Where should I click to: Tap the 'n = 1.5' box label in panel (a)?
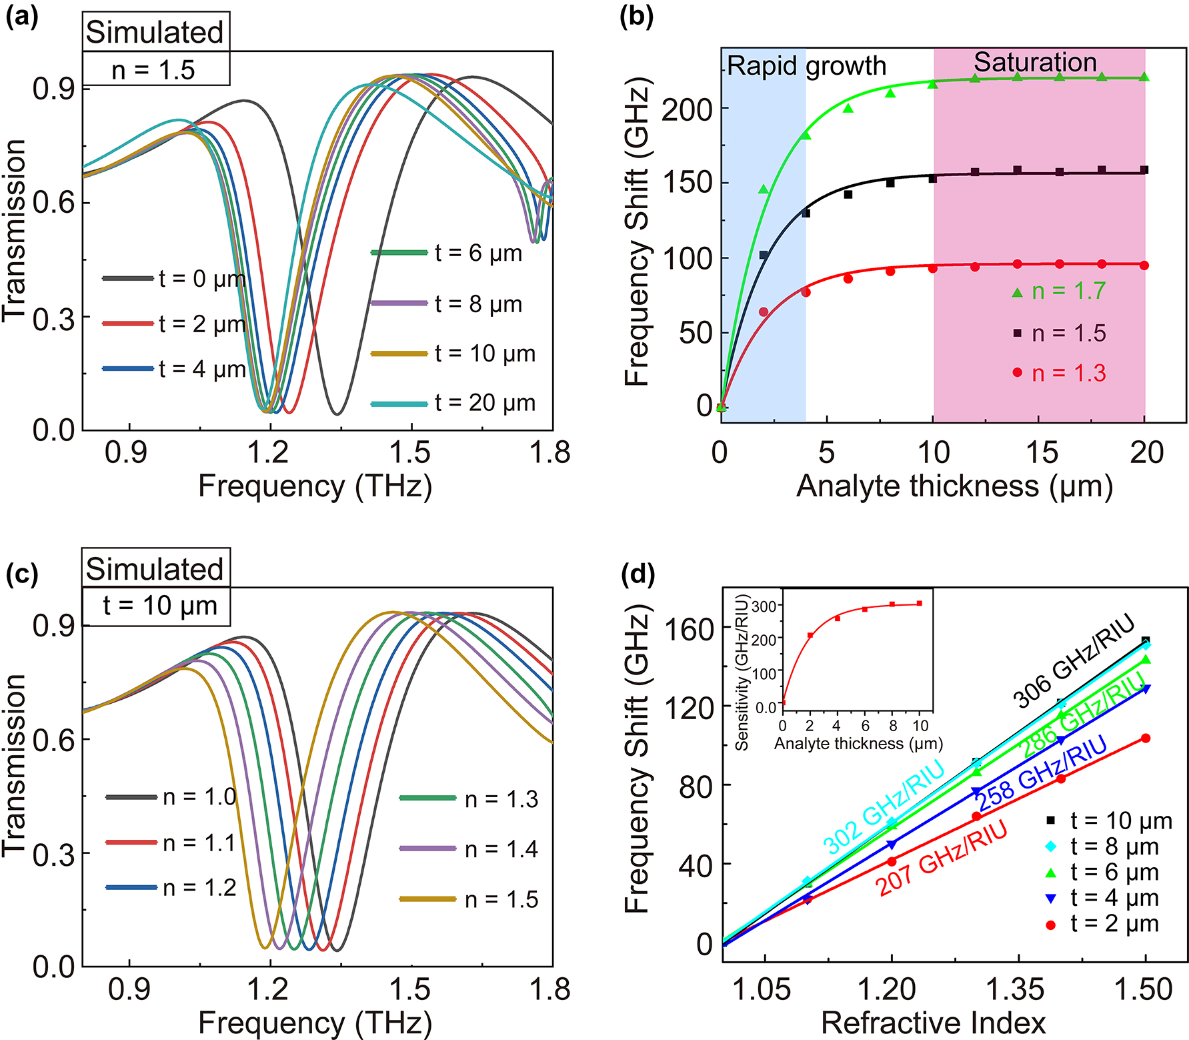[x=153, y=70]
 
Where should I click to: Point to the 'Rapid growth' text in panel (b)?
[x=806, y=66]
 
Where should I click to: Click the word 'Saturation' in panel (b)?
[x=1035, y=62]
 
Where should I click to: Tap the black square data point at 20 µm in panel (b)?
[x=1144, y=170]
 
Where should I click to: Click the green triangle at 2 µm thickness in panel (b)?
[x=764, y=190]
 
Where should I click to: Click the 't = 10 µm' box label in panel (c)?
[x=159, y=606]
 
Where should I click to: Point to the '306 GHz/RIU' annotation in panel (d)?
[x=1073, y=660]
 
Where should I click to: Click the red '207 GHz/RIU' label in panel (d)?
[x=941, y=857]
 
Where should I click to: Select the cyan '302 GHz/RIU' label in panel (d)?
[x=883, y=807]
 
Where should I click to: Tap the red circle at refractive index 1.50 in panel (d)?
[x=1146, y=738]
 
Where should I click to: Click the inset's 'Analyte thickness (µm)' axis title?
[x=858, y=743]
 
